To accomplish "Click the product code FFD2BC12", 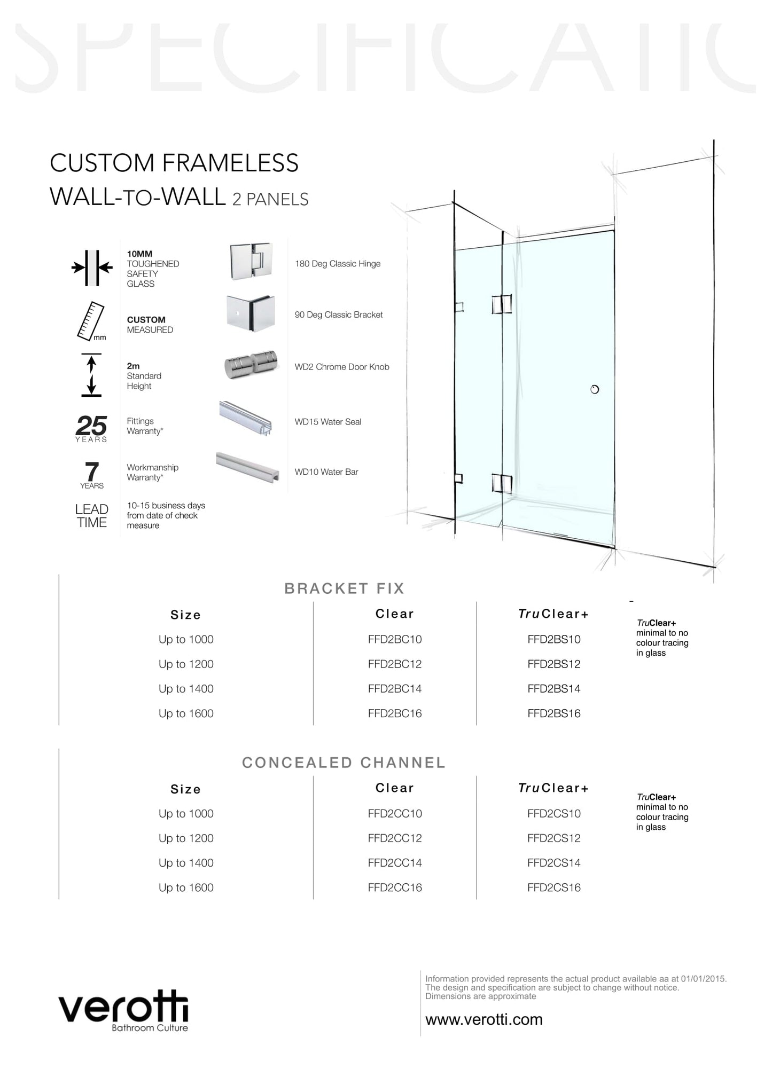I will pyautogui.click(x=395, y=664).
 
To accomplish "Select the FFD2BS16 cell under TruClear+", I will pyautogui.click(x=553, y=713).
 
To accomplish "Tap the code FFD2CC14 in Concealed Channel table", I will pyautogui.click(x=395, y=863).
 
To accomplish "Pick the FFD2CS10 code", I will pyautogui.click(x=553, y=814).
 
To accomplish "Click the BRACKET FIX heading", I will pyautogui.click(x=345, y=588).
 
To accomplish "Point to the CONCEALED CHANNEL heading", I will pyautogui.click(x=344, y=763).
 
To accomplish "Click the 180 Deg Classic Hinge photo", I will pyautogui.click(x=251, y=262).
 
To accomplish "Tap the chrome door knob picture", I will pyautogui.click(x=251, y=365).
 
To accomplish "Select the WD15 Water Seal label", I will pyautogui.click(x=328, y=422).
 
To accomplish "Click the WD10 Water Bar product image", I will pyautogui.click(x=248, y=468).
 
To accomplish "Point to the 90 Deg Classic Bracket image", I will pyautogui.click(x=251, y=313).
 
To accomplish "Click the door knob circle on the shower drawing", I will pyautogui.click(x=595, y=389).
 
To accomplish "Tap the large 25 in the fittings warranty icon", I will pyautogui.click(x=91, y=426).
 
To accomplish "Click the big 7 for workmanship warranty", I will pyautogui.click(x=92, y=472).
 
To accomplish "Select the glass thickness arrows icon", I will pyautogui.click(x=92, y=267).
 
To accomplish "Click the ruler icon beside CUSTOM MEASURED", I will pyautogui.click(x=90, y=321).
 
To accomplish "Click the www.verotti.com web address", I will pyautogui.click(x=484, y=1019).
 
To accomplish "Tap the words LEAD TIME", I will pyautogui.click(x=92, y=516).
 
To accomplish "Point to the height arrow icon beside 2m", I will pyautogui.click(x=91, y=375).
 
